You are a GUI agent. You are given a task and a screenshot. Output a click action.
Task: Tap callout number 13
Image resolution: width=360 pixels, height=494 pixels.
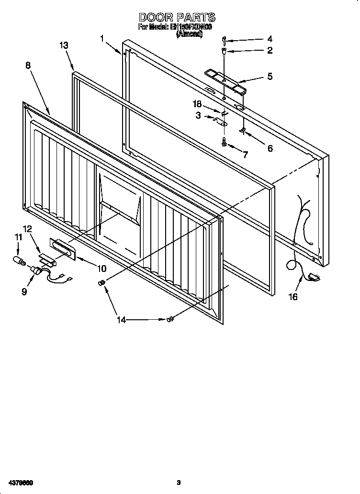[64, 45]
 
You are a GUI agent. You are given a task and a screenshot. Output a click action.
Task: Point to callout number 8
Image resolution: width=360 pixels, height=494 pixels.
[28, 66]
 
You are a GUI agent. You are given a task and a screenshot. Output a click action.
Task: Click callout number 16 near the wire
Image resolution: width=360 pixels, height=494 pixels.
[292, 297]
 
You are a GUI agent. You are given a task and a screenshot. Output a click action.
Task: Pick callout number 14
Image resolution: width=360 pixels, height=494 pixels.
[122, 320]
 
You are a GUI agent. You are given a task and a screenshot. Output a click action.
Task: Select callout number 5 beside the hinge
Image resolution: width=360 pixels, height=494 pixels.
[270, 77]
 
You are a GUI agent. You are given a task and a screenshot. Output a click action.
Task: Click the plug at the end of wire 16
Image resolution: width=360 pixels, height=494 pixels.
[315, 276]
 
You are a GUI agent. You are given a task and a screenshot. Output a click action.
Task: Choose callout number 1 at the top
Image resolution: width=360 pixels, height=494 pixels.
[102, 38]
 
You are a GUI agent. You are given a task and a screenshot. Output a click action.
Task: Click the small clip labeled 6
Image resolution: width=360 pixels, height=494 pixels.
[243, 131]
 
